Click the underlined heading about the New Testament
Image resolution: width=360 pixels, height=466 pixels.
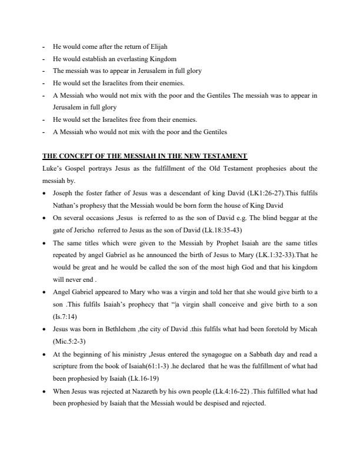click(x=145, y=156)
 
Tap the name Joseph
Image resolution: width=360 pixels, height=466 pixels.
click(x=64, y=193)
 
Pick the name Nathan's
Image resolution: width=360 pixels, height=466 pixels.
click(x=65, y=205)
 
